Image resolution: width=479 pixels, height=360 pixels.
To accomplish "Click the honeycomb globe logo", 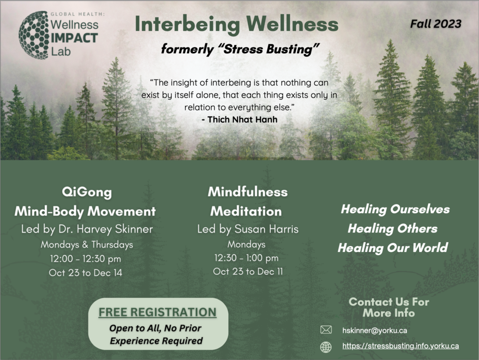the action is click(x=34, y=35).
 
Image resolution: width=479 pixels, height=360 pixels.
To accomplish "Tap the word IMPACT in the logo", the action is click(x=74, y=38).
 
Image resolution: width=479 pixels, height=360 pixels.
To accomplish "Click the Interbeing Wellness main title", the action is click(x=236, y=24).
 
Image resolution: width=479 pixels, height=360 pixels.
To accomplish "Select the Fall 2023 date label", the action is click(x=435, y=24).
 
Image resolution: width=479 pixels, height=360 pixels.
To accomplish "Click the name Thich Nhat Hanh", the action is click(x=242, y=119).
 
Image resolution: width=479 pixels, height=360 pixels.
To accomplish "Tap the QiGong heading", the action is click(x=87, y=192).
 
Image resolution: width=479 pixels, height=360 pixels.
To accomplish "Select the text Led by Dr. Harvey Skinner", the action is click(x=87, y=229).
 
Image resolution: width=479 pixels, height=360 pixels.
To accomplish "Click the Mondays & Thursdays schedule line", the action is click(x=87, y=244).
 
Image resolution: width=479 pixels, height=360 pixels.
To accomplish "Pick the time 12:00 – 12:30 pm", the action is click(x=86, y=259).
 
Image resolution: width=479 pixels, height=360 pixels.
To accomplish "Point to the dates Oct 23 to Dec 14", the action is click(x=86, y=272).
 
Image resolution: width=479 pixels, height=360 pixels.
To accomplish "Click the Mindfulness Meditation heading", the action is click(x=247, y=201).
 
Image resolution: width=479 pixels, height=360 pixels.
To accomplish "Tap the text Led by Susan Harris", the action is click(x=248, y=229).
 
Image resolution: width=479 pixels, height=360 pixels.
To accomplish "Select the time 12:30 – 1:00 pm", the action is click(x=247, y=258).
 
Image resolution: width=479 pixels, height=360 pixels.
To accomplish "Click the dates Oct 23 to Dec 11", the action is click(x=248, y=272).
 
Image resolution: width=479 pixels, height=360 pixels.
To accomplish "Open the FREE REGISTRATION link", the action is click(x=158, y=312).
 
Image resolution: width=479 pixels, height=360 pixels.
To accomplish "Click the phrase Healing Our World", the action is click(x=393, y=248).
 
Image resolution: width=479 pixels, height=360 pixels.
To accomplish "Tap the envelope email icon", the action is click(x=326, y=330).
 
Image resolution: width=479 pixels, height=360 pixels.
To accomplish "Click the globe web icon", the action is click(x=326, y=347).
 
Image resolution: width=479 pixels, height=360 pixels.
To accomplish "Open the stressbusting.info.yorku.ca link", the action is click(x=400, y=346).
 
